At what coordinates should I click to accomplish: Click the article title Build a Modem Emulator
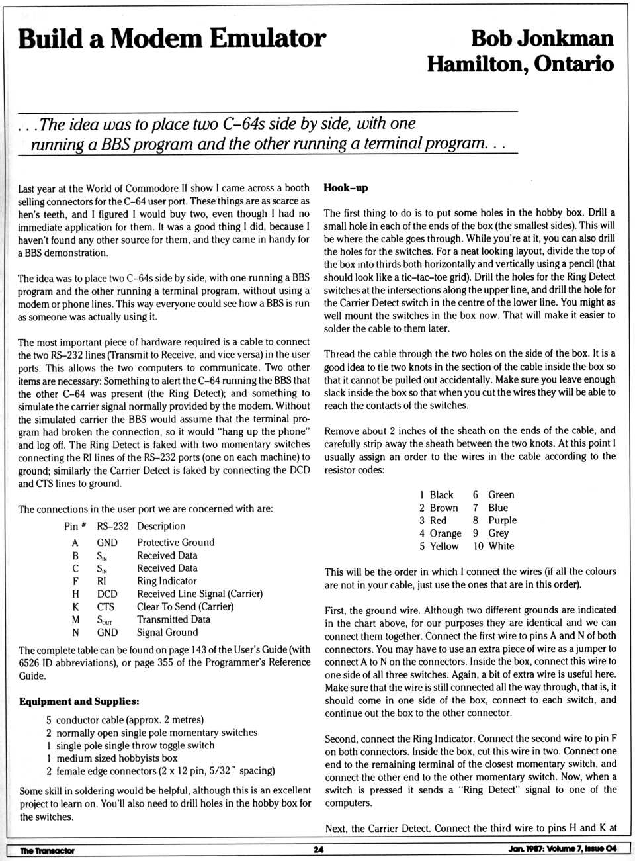(x=172, y=39)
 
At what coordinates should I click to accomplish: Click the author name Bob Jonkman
(x=542, y=38)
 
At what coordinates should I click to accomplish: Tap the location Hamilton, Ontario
(x=521, y=64)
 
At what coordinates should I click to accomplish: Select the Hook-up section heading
(x=345, y=188)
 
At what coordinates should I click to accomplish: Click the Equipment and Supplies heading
(x=79, y=702)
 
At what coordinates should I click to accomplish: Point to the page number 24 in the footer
(x=318, y=850)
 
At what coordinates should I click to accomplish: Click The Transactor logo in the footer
(x=47, y=850)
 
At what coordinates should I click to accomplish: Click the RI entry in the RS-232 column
(x=101, y=581)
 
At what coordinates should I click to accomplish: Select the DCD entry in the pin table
(x=106, y=594)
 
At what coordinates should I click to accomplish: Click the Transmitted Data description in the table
(x=173, y=619)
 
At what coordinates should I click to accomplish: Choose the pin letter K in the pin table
(x=75, y=606)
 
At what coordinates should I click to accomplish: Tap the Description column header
(x=161, y=526)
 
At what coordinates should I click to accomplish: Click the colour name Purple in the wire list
(x=502, y=520)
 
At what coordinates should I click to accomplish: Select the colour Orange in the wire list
(x=445, y=533)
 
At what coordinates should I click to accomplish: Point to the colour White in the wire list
(x=501, y=546)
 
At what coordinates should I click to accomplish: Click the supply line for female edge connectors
(x=160, y=771)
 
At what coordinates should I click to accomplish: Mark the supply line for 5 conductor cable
(x=125, y=720)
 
